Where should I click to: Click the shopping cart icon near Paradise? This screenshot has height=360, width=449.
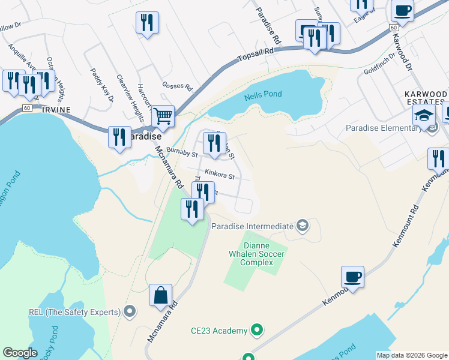point(163,116)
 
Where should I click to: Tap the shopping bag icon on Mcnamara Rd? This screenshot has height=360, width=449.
point(160,295)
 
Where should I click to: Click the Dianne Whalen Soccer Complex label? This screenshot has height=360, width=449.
point(264,254)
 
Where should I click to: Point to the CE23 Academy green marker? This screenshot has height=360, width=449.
point(257,330)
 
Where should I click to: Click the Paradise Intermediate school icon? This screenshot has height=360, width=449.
point(303,226)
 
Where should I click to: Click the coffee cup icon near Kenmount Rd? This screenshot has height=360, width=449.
point(353,277)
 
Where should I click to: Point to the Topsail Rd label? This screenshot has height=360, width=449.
point(255,52)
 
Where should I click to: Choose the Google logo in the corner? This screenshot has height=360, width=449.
point(20,353)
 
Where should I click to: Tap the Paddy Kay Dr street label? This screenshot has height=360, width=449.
point(103,85)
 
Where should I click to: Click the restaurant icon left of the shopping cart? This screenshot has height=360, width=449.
point(119,136)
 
